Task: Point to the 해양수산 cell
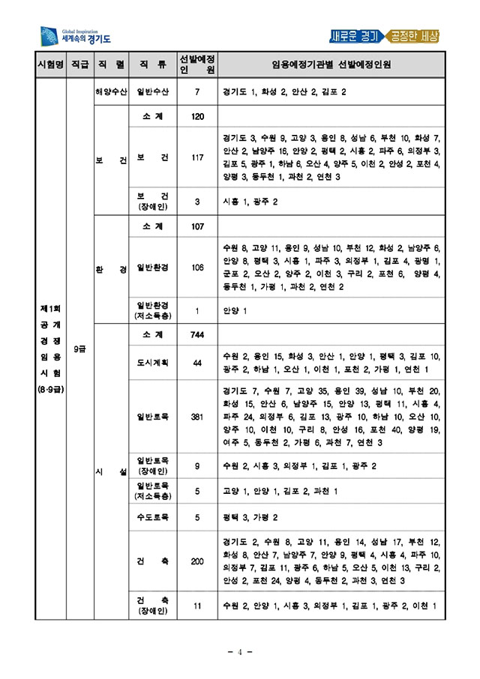pyautogui.click(x=110, y=92)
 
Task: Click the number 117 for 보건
pyautogui.click(x=197, y=158)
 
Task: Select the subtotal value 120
pyautogui.click(x=197, y=117)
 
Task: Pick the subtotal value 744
pyautogui.click(x=197, y=334)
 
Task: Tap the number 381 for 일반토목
pyautogui.click(x=197, y=417)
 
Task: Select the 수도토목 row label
pyautogui.click(x=153, y=517)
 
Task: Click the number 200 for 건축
pyautogui.click(x=197, y=561)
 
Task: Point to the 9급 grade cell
pyautogui.click(x=79, y=349)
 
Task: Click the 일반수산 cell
pyautogui.click(x=153, y=92)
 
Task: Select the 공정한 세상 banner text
pyautogui.click(x=413, y=36)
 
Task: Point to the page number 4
pyautogui.click(x=240, y=651)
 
